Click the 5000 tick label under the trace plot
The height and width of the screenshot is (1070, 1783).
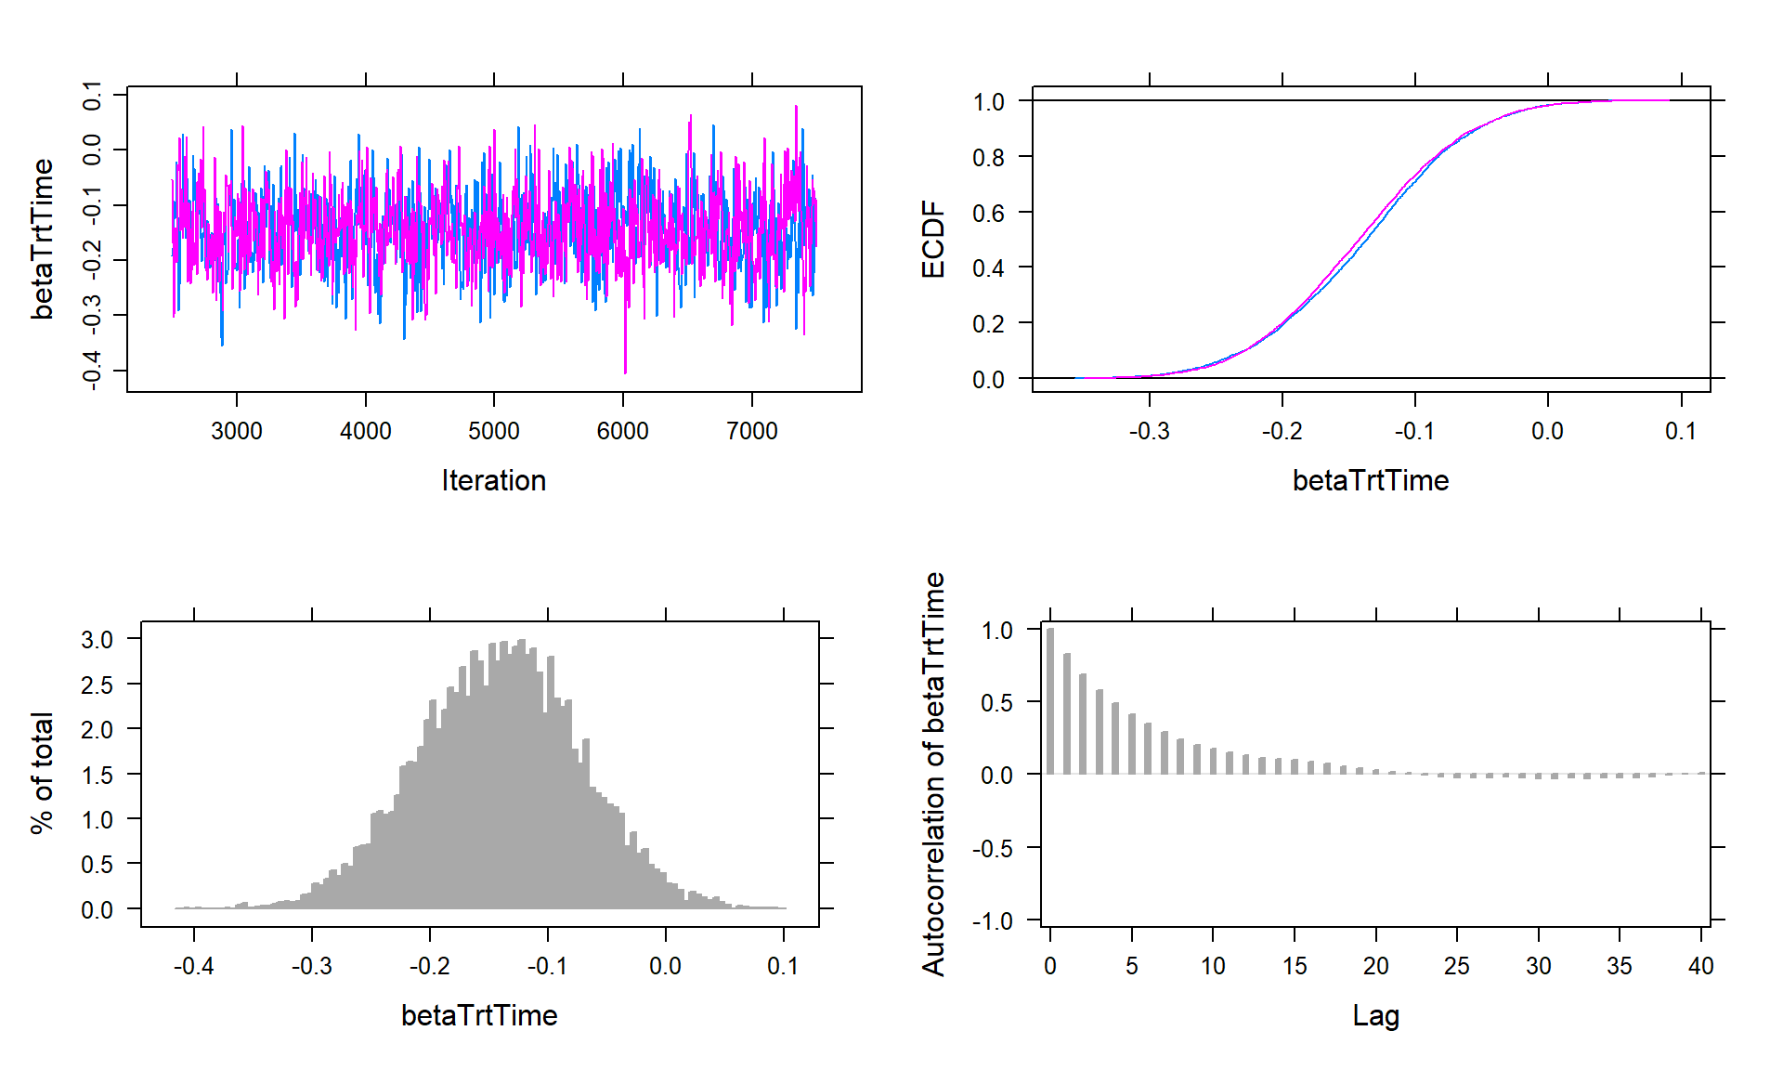(493, 431)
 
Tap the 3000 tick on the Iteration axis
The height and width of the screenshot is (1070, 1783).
(237, 431)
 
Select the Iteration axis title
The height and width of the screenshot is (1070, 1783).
(493, 480)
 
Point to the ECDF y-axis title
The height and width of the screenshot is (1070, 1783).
(932, 240)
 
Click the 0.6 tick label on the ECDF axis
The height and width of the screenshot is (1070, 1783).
(988, 213)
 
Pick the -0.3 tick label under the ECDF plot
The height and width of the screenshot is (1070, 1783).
(1149, 431)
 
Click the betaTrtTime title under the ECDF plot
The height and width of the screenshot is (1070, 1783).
(1371, 480)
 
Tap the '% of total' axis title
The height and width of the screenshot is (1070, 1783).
(42, 773)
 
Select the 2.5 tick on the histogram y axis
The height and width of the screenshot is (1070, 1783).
(97, 685)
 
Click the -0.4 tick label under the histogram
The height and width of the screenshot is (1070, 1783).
(193, 966)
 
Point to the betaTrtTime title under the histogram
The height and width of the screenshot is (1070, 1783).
(479, 1015)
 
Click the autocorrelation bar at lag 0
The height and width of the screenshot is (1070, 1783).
(1050, 701)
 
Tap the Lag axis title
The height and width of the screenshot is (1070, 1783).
(1375, 1015)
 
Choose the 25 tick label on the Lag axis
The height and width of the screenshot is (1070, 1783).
(1456, 966)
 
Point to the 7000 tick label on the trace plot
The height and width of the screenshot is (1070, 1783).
(751, 431)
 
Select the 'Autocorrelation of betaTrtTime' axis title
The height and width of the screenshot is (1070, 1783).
(932, 774)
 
